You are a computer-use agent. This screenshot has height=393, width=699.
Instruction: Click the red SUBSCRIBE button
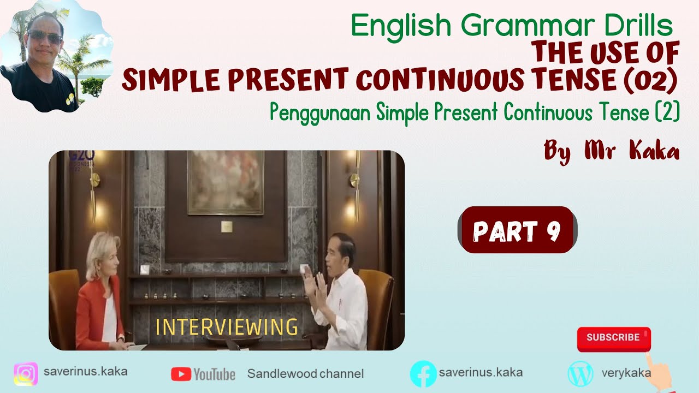pyautogui.click(x=613, y=338)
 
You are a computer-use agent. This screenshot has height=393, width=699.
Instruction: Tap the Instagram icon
pyautogui.click(x=26, y=374)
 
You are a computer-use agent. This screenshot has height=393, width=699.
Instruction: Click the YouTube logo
pyautogui.click(x=203, y=374)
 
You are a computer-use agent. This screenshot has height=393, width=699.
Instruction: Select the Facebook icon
pyautogui.click(x=423, y=374)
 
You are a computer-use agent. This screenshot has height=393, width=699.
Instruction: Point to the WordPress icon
pyautogui.click(x=580, y=374)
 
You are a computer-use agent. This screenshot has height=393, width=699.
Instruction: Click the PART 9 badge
pyautogui.click(x=517, y=230)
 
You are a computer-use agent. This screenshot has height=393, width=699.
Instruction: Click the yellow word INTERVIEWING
pyautogui.click(x=227, y=327)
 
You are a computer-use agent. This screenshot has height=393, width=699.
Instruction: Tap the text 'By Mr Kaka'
pyautogui.click(x=612, y=150)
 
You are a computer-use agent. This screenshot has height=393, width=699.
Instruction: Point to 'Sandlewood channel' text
pyautogui.click(x=305, y=374)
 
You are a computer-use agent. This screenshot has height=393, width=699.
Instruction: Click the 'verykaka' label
pyautogui.click(x=626, y=373)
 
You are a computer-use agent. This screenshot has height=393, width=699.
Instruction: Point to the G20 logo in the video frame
pyautogui.click(x=82, y=159)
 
